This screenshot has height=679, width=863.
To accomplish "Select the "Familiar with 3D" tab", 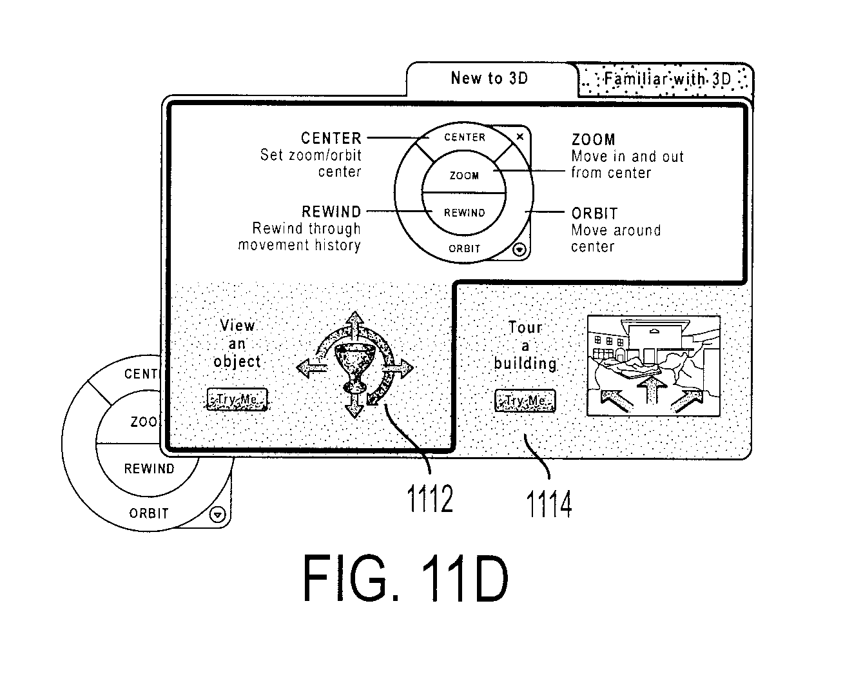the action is (666, 79).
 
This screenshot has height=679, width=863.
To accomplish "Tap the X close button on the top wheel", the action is (519, 137).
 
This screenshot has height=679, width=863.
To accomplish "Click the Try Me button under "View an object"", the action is (237, 399).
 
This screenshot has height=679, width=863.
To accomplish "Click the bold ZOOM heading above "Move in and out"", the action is (593, 140).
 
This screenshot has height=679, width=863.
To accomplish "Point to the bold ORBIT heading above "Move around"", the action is (594, 213).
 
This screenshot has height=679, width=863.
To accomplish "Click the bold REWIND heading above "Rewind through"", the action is (331, 212).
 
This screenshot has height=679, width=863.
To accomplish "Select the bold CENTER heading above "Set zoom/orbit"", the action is (331, 138).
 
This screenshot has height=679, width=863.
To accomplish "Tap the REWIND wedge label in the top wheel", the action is (465, 213).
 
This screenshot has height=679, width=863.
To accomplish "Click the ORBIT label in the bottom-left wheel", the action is (149, 513).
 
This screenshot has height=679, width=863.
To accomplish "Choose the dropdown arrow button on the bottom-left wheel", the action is (218, 515).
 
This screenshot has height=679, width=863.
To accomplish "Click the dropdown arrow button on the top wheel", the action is (519, 250).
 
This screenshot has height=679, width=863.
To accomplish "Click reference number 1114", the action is (548, 504).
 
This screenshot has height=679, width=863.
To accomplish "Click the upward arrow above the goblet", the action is (355, 324).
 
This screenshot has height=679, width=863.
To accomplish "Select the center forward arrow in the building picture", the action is (652, 389).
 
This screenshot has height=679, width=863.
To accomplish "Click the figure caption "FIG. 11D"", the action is (405, 578).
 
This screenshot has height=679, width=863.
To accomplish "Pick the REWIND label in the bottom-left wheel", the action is (149, 469).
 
